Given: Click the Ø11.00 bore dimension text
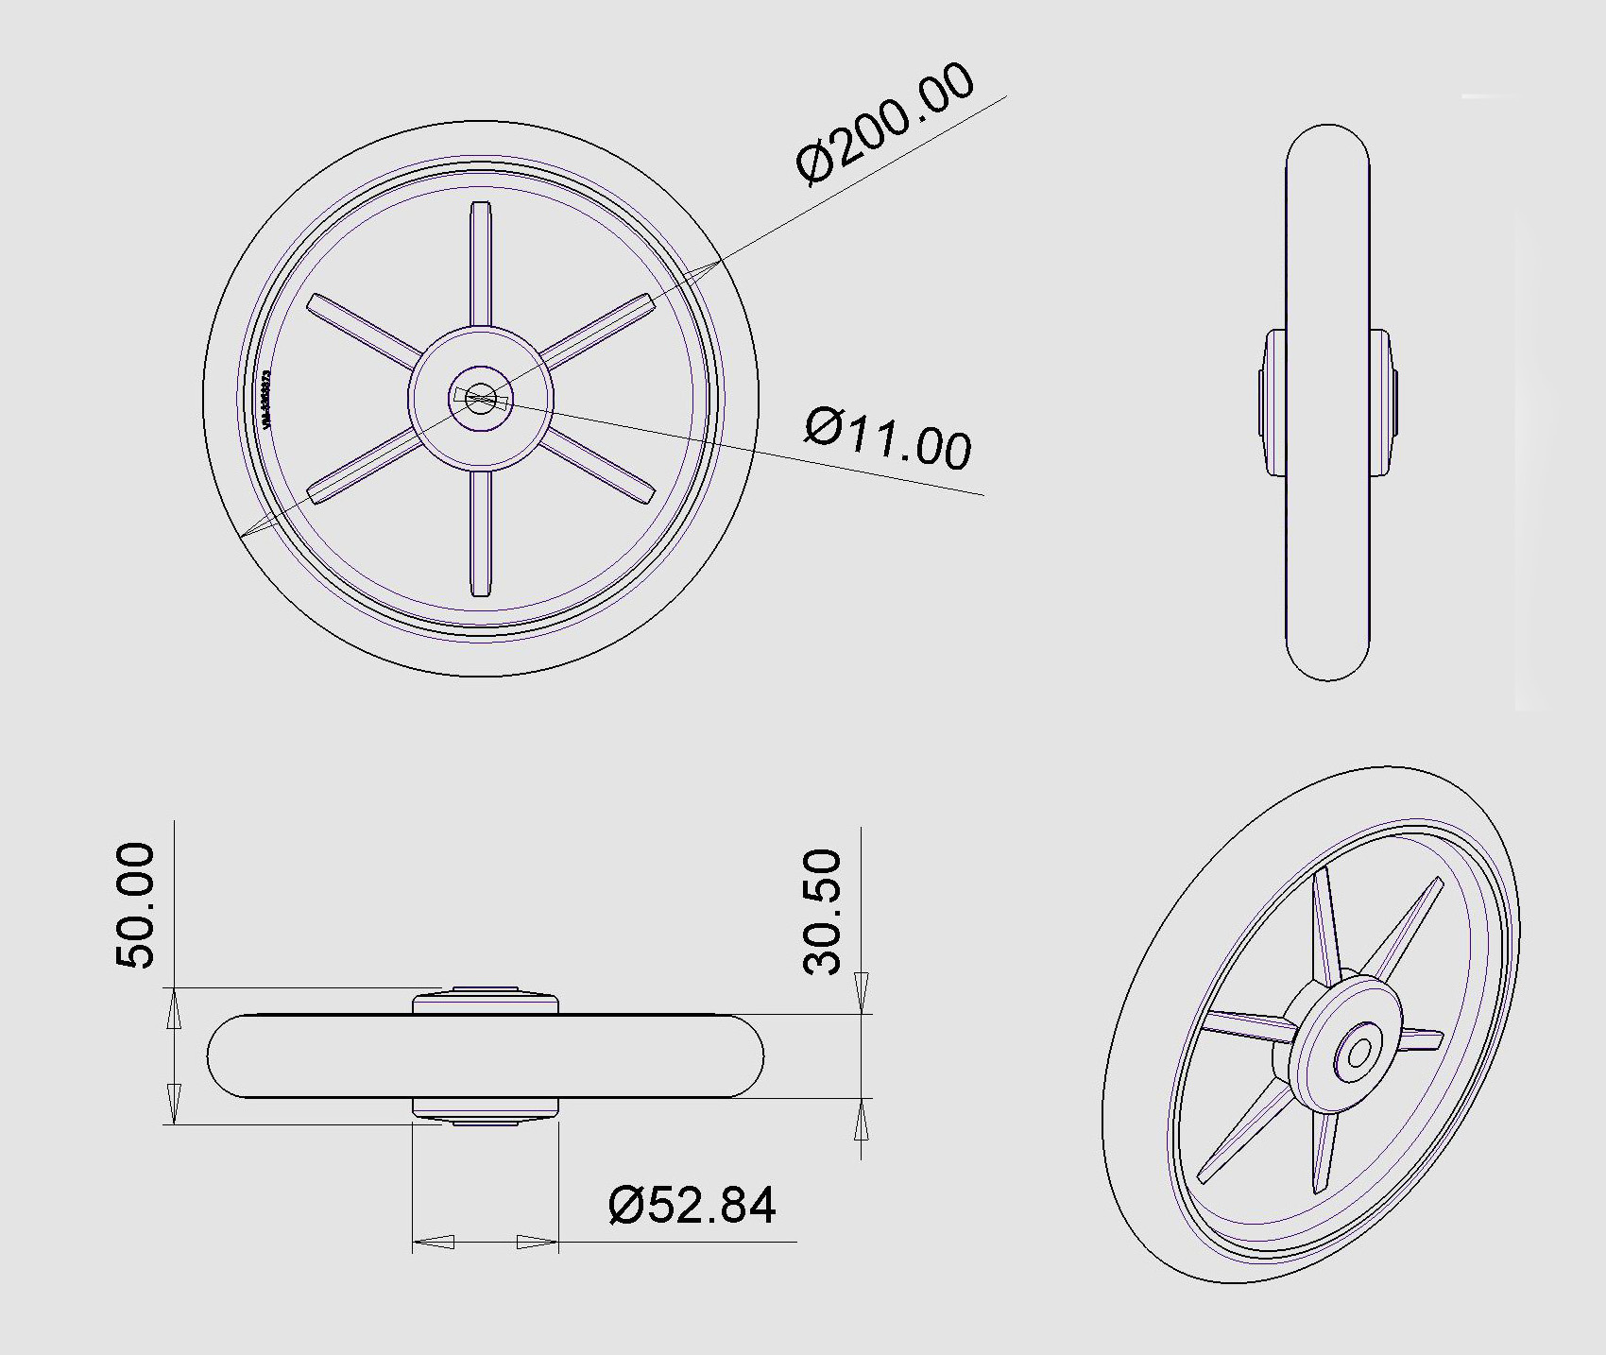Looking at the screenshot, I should click(887, 437).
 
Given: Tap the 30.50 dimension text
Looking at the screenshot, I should click(822, 911).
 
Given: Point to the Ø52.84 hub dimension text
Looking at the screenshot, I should click(692, 1205).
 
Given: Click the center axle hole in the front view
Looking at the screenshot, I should click(481, 398).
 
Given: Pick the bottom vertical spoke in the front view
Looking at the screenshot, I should click(481, 534).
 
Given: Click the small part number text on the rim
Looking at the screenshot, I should click(267, 398).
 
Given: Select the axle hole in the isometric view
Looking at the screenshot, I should click(1359, 1053).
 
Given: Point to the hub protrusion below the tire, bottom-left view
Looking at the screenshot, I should click(485, 1110).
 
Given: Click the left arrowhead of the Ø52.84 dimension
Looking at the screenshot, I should click(435, 1242).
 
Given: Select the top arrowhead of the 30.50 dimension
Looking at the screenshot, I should click(861, 992).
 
